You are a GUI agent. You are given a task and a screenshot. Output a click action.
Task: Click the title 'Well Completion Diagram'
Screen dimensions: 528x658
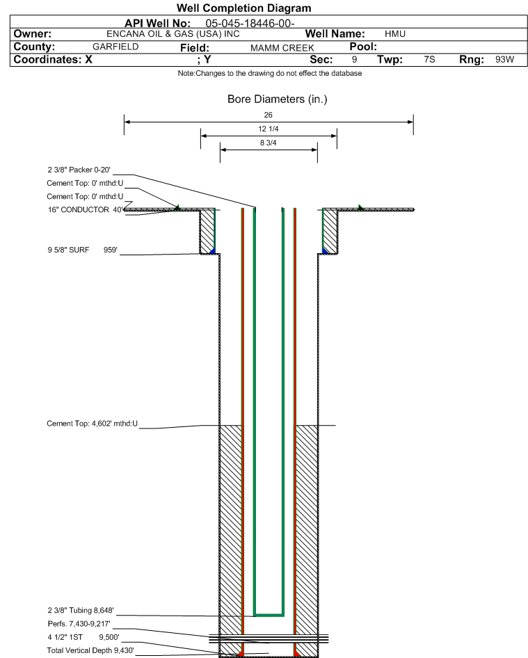(x=244, y=8)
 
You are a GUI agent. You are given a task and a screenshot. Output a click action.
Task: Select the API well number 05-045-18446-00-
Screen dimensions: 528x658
(x=250, y=24)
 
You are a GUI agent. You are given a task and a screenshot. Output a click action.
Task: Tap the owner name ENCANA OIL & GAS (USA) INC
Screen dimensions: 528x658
(x=173, y=34)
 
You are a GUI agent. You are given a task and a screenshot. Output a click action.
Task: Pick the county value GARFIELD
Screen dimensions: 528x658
(x=115, y=47)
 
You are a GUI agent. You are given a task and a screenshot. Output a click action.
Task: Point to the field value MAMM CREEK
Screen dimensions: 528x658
(x=282, y=48)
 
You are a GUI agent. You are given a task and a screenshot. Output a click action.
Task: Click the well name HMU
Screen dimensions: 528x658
(x=395, y=34)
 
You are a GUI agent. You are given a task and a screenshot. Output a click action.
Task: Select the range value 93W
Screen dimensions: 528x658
(x=504, y=59)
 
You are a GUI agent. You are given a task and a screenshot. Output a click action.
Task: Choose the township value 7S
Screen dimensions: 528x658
(x=429, y=59)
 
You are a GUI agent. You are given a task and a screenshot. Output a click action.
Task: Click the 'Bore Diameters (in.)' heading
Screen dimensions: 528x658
(x=277, y=99)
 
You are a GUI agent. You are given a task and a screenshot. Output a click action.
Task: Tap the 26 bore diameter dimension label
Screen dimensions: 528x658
(x=269, y=115)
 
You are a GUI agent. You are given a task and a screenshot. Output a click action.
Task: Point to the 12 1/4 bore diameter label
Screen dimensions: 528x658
(x=269, y=129)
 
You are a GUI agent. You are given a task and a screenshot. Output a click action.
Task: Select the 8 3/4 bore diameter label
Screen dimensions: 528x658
(x=269, y=143)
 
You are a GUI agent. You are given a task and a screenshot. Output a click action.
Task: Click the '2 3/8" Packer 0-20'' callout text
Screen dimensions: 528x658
(x=79, y=170)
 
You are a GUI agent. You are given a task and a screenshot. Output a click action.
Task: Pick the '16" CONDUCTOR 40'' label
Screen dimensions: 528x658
(x=86, y=209)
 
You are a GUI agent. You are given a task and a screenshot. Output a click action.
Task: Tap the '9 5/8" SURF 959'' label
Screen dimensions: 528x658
(x=82, y=250)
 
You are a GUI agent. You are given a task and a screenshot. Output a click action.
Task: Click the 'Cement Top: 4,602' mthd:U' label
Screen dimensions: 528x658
(x=92, y=424)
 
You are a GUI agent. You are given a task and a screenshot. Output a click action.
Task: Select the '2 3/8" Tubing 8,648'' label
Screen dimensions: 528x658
(x=81, y=610)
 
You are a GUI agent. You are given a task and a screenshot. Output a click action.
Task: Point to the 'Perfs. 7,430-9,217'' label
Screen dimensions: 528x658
(x=79, y=624)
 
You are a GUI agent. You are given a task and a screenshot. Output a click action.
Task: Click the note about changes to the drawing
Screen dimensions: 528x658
(x=269, y=74)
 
